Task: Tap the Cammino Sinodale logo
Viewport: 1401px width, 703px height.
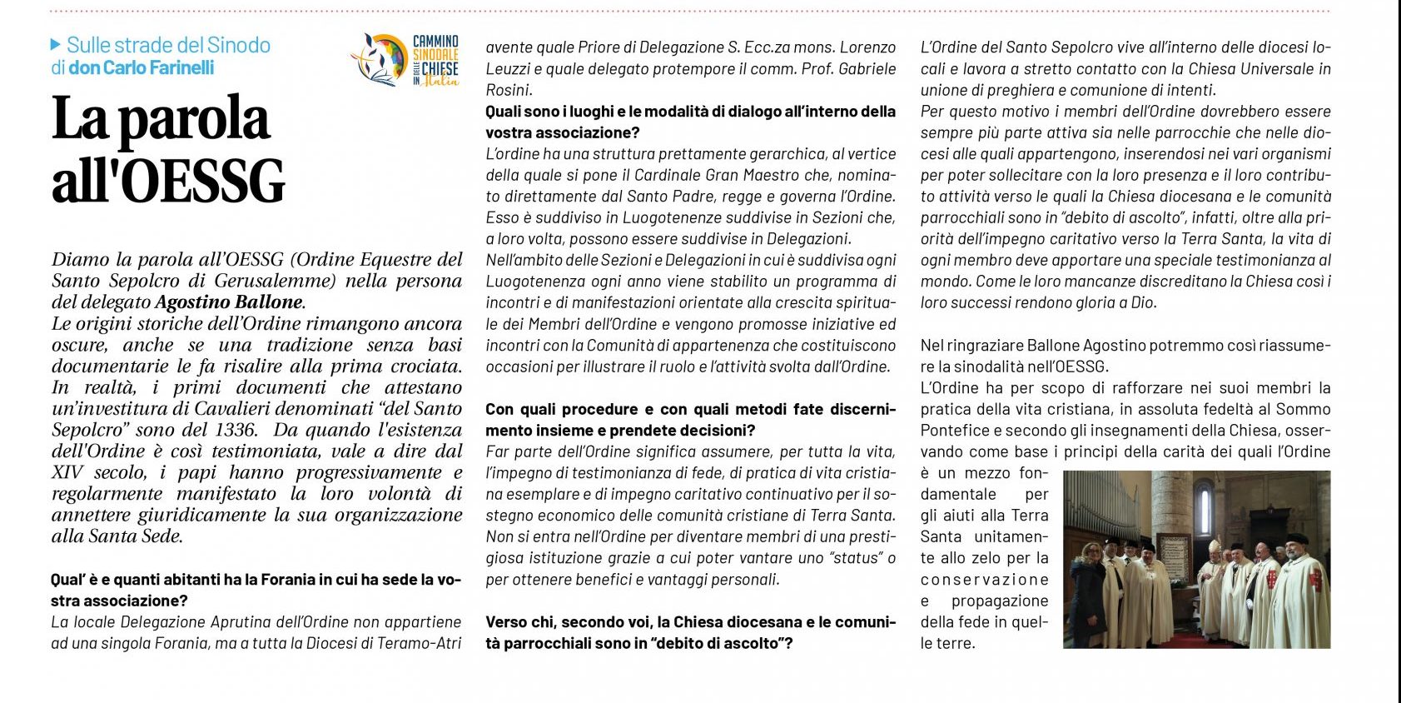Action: (x=405, y=60)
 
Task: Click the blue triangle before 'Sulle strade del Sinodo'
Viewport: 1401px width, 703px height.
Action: (x=56, y=45)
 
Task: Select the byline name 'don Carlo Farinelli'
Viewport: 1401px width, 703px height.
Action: (x=141, y=67)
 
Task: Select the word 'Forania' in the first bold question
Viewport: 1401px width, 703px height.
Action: (x=236, y=580)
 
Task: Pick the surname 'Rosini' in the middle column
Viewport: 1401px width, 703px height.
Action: (x=508, y=90)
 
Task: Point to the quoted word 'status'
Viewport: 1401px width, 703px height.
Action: (x=855, y=558)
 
